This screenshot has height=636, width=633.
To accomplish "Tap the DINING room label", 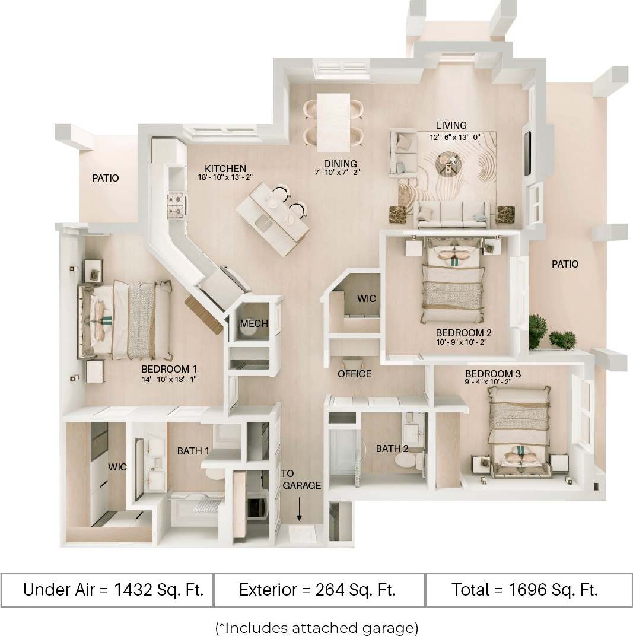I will click(340, 164).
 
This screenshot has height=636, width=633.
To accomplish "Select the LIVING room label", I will click(451, 125).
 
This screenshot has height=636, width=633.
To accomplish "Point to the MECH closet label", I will click(254, 323).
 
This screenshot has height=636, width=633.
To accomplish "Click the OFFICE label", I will click(354, 374).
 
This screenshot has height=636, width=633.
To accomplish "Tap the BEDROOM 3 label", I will click(493, 374).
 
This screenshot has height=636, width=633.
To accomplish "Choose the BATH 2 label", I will click(392, 449).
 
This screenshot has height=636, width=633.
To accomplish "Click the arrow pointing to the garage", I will click(299, 509).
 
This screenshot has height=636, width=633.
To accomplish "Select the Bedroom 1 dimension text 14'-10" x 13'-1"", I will click(168, 379).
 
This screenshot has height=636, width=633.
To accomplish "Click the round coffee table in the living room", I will click(447, 161).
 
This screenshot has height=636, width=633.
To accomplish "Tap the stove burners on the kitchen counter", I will click(176, 205).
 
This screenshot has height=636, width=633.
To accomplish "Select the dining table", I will click(333, 122).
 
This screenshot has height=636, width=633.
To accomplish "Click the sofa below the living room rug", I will click(451, 214).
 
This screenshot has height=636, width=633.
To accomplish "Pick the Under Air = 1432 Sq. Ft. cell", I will click(113, 590).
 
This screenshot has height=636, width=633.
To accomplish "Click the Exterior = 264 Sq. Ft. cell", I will click(317, 590).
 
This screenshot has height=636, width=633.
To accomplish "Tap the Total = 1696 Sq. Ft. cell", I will click(524, 590).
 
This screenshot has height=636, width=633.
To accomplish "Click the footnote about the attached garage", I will click(316, 627).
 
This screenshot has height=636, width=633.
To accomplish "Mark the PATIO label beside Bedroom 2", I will click(564, 264).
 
